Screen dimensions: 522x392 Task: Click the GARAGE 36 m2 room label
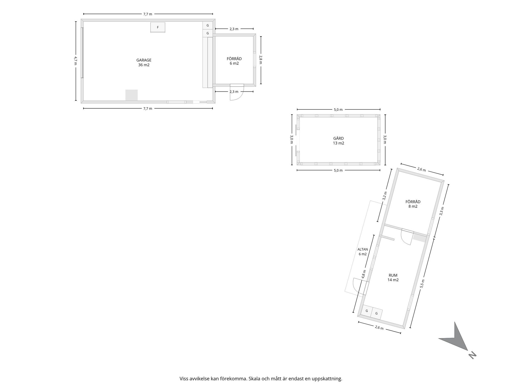[144, 63]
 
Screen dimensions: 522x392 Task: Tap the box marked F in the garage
[158, 27]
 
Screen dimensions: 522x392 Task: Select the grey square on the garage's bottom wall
[131, 95]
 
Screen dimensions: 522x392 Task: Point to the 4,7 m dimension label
[76, 61]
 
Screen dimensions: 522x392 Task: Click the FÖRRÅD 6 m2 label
[234, 61]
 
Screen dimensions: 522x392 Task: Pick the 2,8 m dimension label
[260, 60]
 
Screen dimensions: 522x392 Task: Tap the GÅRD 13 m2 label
[338, 141]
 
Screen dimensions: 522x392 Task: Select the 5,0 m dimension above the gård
[338, 110]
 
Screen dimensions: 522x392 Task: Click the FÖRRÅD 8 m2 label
[413, 204]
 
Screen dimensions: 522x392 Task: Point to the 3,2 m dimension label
[384, 196]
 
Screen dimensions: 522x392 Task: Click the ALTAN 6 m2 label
[362, 252]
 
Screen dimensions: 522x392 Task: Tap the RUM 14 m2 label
[393, 278]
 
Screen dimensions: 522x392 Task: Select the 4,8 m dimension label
[363, 274]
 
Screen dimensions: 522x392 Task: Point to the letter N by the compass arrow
[473, 356]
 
